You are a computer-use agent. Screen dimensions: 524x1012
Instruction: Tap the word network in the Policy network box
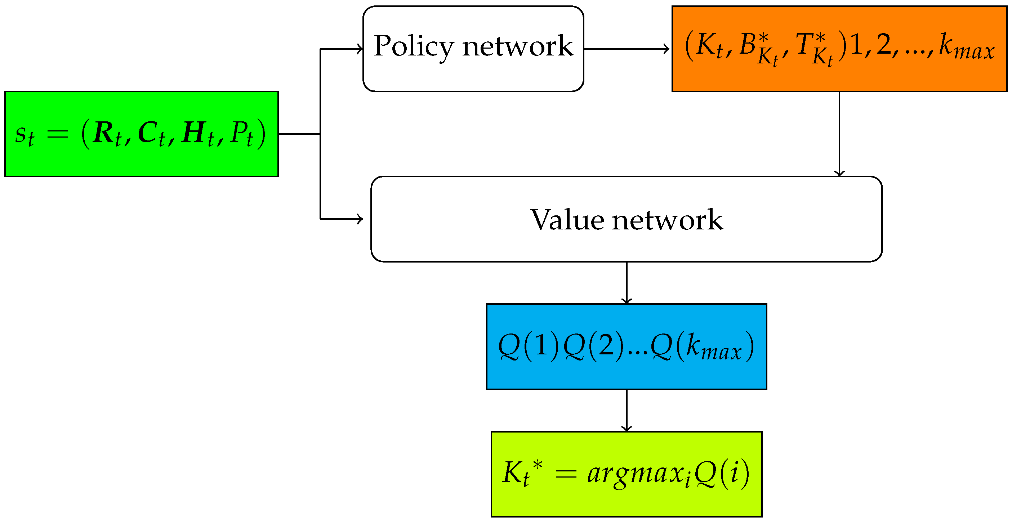pos(517,46)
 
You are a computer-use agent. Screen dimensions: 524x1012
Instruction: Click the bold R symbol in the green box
pos(104,133)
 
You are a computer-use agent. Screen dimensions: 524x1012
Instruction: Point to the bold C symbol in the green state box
pos(148,133)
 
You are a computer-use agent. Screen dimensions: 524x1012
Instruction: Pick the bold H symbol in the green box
pos(193,133)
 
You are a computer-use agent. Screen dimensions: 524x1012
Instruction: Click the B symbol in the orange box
pos(748,44)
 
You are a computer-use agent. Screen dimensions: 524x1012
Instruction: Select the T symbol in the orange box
pos(804,44)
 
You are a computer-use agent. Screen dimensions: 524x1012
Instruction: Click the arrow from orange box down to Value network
pos(839,134)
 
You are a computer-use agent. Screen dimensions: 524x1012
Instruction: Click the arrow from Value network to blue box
pos(627,282)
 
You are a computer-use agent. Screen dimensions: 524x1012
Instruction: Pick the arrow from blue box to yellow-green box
pos(627,411)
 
